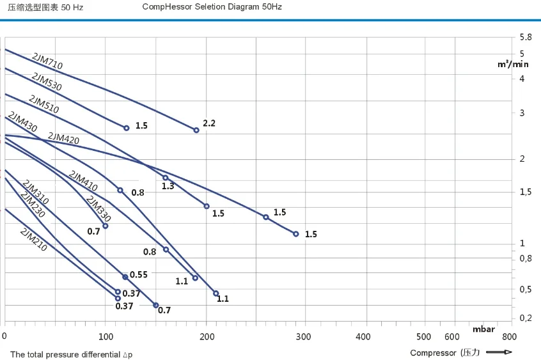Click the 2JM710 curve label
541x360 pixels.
[x=47, y=61]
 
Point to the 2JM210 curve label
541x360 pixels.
[x=33, y=240]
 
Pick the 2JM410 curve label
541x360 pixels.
[x=83, y=181]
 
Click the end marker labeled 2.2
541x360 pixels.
[x=196, y=130]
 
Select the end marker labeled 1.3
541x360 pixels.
[x=165, y=178]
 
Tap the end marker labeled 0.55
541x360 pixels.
[x=125, y=277]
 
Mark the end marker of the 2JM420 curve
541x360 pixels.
[x=295, y=234]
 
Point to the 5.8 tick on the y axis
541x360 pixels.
[x=526, y=38]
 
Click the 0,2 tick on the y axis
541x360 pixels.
[x=526, y=318]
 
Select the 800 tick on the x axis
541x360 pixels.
[x=508, y=336]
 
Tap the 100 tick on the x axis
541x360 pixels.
[x=106, y=336]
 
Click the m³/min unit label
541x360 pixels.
[x=514, y=64]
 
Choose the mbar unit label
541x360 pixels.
[x=484, y=329]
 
